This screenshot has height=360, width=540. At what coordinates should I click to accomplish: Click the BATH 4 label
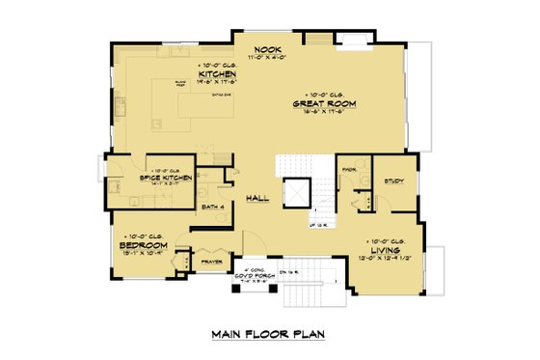(213, 207)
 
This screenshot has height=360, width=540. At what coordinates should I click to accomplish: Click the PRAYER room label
(211, 259)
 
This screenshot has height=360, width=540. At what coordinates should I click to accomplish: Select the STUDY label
(393, 181)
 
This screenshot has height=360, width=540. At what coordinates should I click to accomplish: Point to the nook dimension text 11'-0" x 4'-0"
(267, 58)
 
